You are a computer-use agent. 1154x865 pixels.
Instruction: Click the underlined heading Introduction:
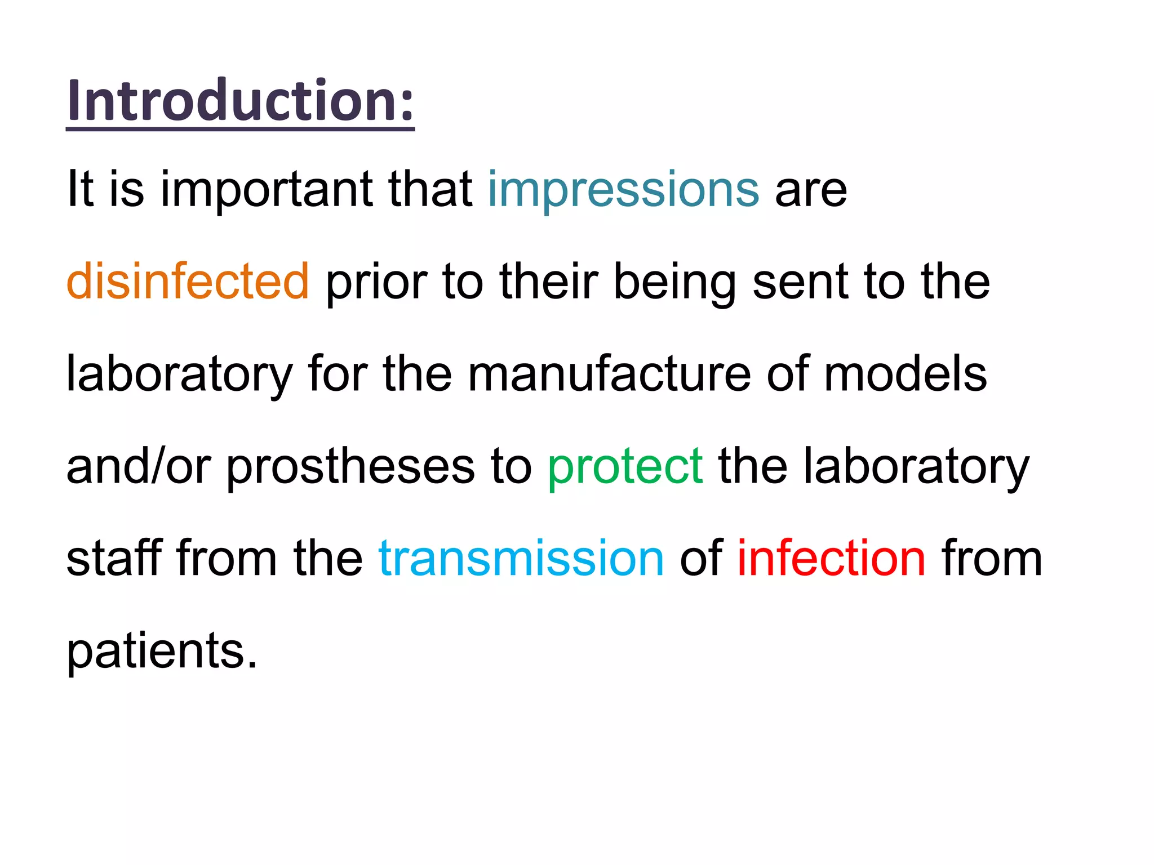click(241, 101)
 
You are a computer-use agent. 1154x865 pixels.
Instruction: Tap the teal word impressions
click(623, 189)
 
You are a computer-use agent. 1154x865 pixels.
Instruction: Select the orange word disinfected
click(188, 281)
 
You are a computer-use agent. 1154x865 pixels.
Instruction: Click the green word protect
click(625, 466)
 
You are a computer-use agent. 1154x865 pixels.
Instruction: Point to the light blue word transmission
click(521, 558)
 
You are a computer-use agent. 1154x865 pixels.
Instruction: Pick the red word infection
click(831, 558)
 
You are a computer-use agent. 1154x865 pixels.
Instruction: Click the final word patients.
click(162, 651)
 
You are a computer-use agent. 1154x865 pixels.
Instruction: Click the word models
click(905, 374)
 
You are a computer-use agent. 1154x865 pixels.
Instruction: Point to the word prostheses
click(350, 466)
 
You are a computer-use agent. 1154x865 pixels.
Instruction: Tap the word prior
click(375, 281)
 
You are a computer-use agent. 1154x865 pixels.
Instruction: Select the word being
click(674, 281)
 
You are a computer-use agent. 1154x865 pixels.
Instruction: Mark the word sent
click(800, 281)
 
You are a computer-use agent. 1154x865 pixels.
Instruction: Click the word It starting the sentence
click(79, 189)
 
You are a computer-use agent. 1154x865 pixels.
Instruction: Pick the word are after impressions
click(810, 189)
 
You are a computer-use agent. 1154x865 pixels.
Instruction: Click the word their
click(548, 281)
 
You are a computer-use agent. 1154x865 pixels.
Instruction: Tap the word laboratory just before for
click(179, 374)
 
